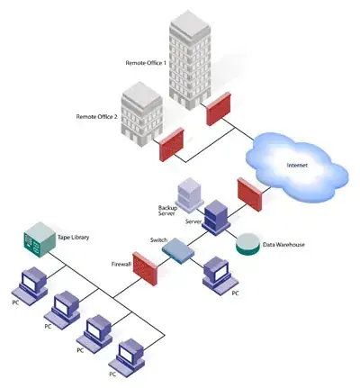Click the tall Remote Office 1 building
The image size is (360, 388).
tap(191, 59)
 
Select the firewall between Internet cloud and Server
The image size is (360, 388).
tap(248, 193)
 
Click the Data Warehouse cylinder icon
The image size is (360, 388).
tap(246, 243)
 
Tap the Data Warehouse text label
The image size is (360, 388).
tap(283, 245)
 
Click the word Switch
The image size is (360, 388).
tap(159, 240)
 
